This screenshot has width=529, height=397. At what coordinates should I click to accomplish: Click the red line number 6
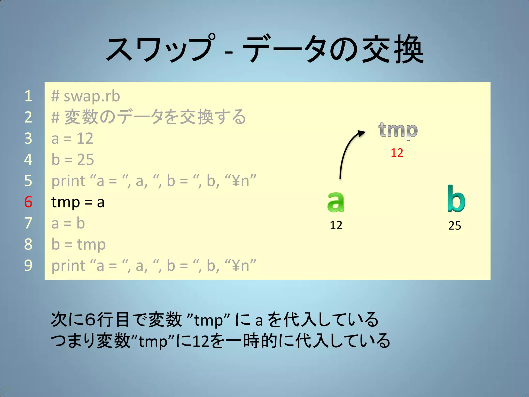28,202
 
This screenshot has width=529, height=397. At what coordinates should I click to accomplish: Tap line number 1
28,96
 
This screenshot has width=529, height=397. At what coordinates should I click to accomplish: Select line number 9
28,265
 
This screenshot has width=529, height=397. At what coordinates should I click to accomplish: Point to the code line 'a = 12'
72,139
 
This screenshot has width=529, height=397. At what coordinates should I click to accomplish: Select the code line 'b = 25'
73,160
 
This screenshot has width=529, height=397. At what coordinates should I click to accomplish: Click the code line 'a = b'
68,223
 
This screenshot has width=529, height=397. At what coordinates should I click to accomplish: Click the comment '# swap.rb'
85,96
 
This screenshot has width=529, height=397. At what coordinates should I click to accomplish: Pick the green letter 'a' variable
336,202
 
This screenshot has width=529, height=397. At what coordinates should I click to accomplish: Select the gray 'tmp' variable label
398,131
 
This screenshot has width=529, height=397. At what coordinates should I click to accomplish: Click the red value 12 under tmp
397,153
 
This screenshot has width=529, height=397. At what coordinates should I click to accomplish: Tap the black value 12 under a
336,225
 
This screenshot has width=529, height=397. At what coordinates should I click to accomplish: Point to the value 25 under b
455,226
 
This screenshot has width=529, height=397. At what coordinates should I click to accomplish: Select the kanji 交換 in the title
393,49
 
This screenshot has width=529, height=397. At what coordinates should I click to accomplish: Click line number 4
28,159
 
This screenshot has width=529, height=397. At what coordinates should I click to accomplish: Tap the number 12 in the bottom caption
201,341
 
